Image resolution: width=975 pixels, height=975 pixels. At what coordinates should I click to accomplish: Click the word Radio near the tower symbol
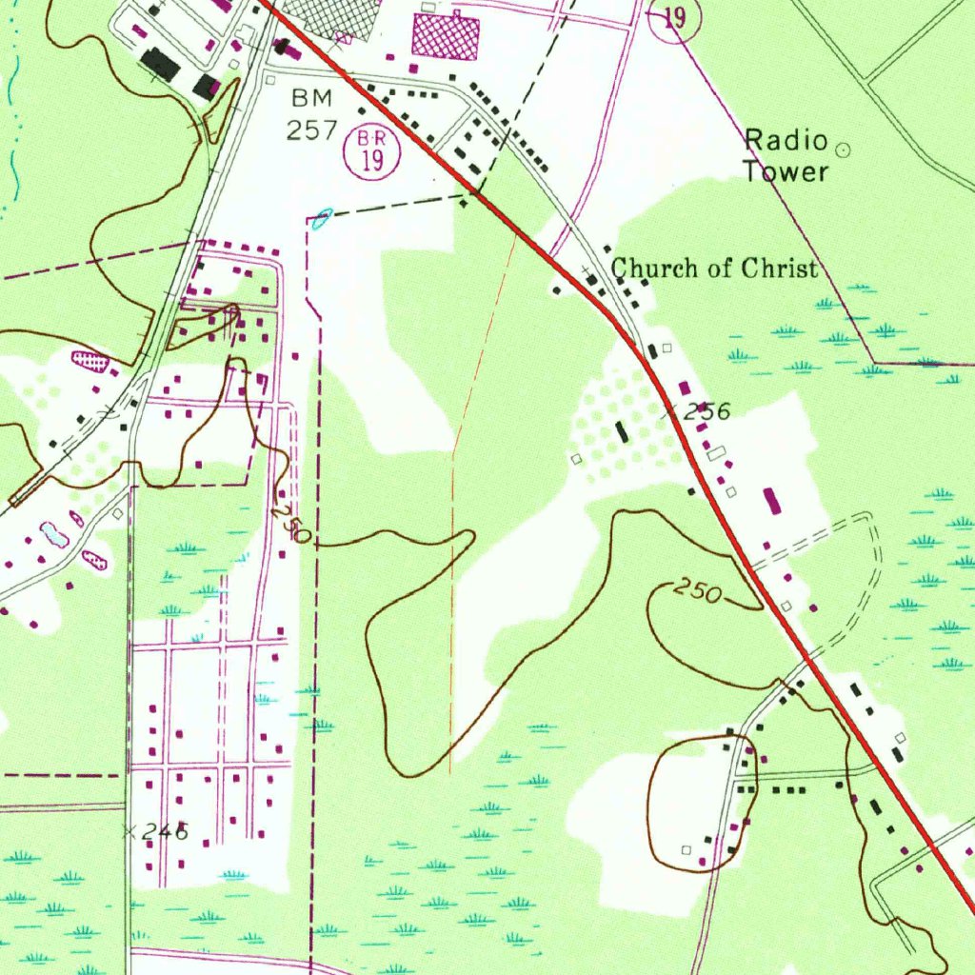click(786, 142)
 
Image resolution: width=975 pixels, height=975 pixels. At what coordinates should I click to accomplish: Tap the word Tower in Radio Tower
click(786, 172)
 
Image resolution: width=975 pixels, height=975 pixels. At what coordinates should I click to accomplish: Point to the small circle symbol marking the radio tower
click(842, 149)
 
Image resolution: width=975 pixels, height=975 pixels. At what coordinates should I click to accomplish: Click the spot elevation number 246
click(166, 832)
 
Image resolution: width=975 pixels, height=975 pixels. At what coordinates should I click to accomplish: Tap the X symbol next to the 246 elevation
click(130, 831)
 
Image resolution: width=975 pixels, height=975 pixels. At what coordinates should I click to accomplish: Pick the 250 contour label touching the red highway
click(698, 591)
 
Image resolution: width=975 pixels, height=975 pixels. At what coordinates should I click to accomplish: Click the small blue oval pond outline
click(322, 220)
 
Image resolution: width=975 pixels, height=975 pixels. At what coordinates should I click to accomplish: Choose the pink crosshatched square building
click(444, 37)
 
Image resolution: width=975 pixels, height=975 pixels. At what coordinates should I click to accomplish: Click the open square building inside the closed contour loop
click(686, 848)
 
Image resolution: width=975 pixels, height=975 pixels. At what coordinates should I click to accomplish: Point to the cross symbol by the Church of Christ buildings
click(585, 271)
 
